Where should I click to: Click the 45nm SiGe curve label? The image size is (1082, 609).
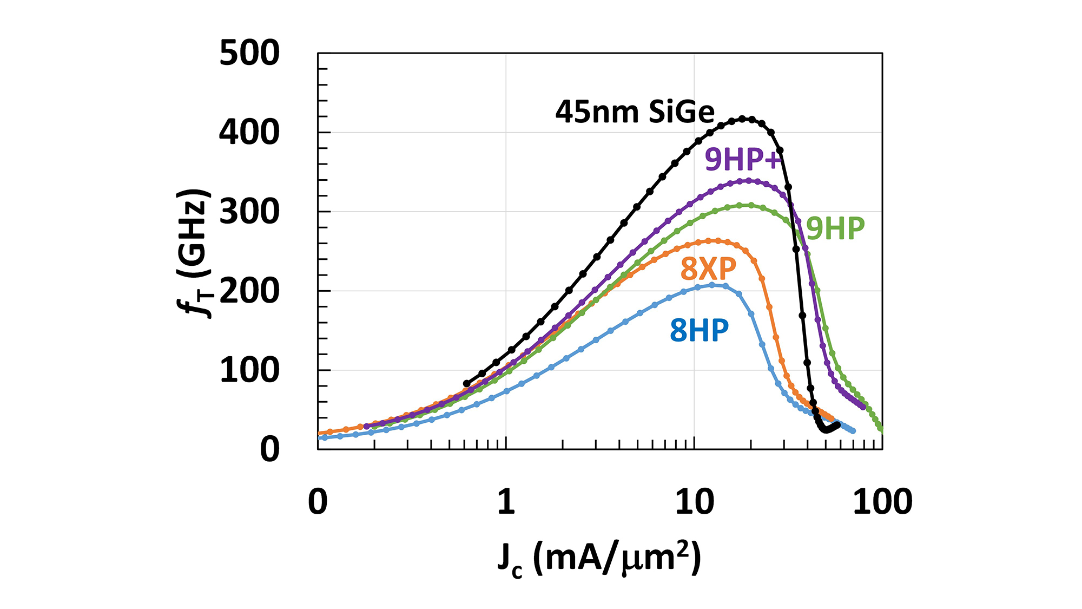pos(635,112)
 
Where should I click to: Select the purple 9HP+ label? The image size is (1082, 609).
pos(742,159)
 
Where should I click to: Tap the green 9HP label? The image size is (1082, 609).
pos(835,228)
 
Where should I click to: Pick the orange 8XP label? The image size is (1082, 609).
pos(708,269)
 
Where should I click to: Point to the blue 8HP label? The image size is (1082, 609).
pos(699,330)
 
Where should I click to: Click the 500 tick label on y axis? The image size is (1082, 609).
pos(249,54)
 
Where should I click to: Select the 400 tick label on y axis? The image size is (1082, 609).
pos(249,133)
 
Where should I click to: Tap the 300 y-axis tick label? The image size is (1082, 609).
pos(249,212)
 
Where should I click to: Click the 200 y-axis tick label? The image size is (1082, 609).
pos(249,291)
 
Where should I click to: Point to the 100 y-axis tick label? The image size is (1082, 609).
pos(249,371)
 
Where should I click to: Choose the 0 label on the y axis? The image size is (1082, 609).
pos(269,450)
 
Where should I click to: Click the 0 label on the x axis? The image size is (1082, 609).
pos(318,502)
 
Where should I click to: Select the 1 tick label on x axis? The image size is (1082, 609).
pos(505,502)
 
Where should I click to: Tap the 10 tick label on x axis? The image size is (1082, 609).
pos(694,502)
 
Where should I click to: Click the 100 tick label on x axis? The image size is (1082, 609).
pos(882,502)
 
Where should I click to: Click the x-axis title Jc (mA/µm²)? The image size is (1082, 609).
pos(599,559)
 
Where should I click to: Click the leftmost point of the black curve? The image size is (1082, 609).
pos(466,383)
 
